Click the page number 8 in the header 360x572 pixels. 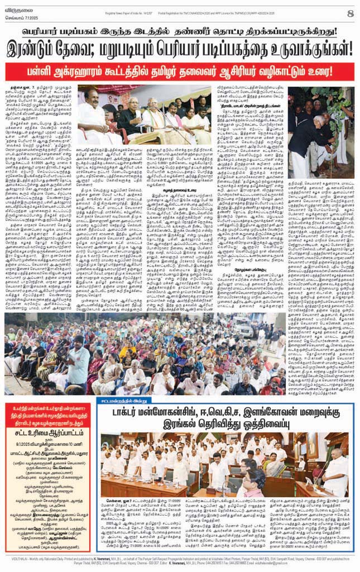pyautogui.click(x=350, y=13)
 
